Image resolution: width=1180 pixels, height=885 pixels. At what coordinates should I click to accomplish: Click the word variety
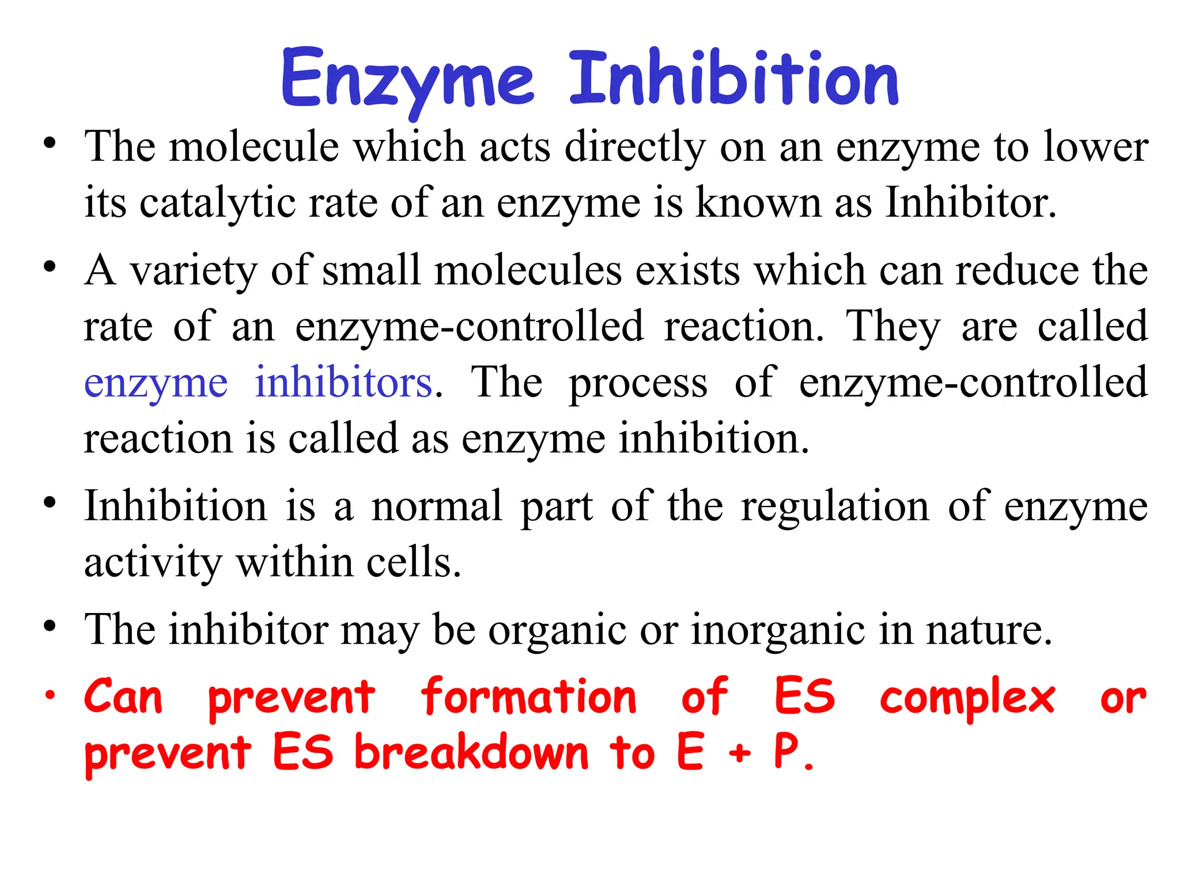click(193, 270)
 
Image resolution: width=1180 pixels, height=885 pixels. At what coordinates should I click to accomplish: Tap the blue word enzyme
click(156, 383)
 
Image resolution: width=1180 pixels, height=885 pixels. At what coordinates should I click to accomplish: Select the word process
click(638, 383)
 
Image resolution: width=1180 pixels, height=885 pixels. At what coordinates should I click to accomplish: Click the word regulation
click(835, 506)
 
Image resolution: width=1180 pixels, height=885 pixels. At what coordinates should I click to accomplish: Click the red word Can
click(123, 697)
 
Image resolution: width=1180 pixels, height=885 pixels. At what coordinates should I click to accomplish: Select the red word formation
click(528, 697)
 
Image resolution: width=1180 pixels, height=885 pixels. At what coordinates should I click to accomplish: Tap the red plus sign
click(739, 753)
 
